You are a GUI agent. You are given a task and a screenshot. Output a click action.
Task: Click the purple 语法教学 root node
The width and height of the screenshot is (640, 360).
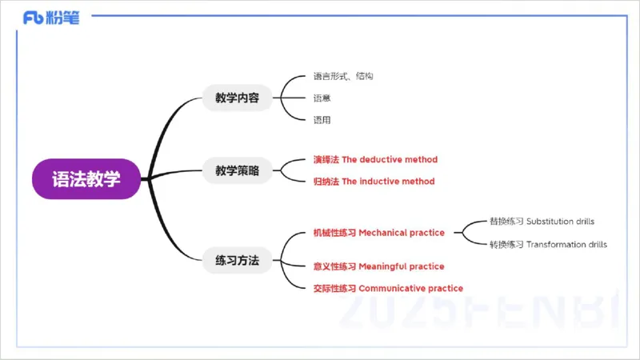click(x=86, y=178)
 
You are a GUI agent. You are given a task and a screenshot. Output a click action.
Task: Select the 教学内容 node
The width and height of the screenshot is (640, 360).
click(x=237, y=98)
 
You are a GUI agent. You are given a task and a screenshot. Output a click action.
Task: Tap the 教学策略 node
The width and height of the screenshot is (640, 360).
click(x=237, y=170)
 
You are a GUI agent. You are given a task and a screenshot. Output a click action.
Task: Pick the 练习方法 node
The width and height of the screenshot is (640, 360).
click(x=237, y=260)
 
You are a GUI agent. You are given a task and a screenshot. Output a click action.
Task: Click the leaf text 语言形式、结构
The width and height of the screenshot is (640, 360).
click(x=343, y=77)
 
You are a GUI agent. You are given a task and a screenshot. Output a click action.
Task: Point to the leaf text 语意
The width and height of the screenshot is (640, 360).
click(x=322, y=98)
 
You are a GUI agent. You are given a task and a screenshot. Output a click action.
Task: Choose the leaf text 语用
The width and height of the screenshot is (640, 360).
click(x=322, y=120)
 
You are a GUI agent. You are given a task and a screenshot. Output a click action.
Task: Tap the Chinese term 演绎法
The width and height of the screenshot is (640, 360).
click(x=326, y=160)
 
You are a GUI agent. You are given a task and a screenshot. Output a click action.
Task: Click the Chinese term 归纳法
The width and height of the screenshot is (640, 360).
click(x=326, y=182)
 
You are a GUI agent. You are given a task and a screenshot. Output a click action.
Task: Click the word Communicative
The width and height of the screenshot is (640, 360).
click(x=394, y=288)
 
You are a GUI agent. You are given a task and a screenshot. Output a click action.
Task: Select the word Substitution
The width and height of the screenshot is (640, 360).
click(x=551, y=221)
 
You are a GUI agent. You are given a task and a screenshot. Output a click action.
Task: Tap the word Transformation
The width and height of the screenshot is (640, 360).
click(x=556, y=245)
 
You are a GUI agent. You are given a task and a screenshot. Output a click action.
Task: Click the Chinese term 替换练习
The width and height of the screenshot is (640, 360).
click(x=506, y=221)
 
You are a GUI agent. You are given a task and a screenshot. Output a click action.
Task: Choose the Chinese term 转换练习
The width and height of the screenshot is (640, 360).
click(x=506, y=245)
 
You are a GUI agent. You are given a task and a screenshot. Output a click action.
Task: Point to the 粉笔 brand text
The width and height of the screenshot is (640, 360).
click(x=64, y=18)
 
